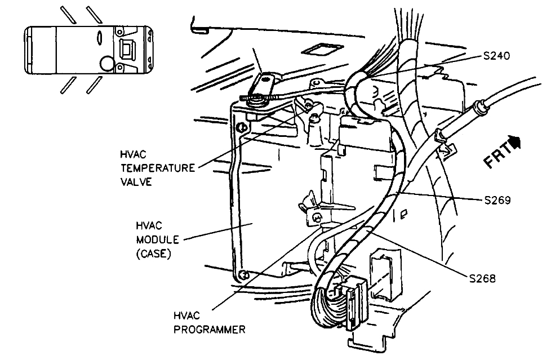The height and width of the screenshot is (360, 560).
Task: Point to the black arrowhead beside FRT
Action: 514,139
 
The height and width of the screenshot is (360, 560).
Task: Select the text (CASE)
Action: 153,254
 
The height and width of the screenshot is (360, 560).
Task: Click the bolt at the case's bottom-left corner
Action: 243,274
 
